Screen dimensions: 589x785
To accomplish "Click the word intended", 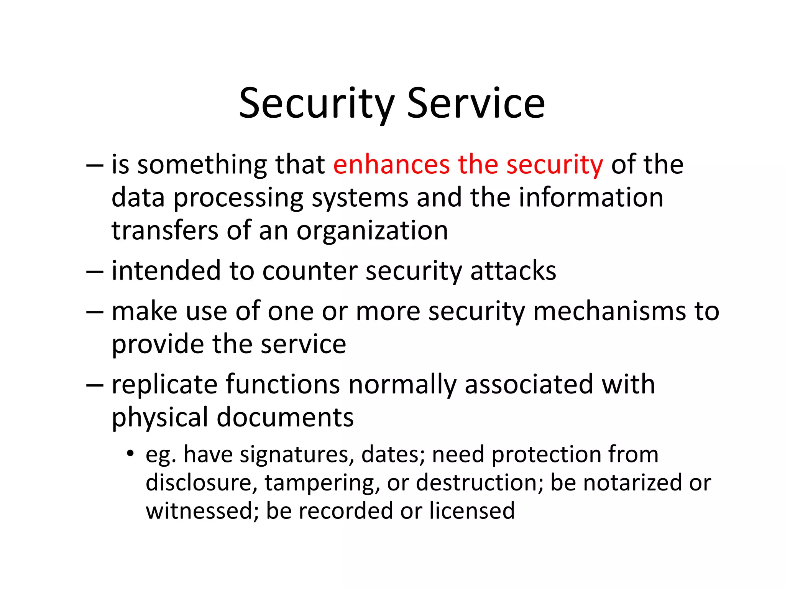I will click(166, 271).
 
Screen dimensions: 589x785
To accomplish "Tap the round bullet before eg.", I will click(131, 454).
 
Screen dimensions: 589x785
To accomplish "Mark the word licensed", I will click(471, 511).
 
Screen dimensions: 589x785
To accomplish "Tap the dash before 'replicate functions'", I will click(95, 385).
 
